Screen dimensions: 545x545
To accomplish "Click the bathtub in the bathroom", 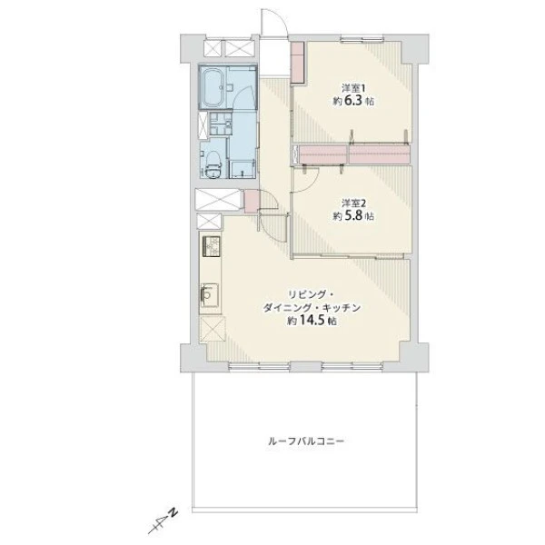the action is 213,87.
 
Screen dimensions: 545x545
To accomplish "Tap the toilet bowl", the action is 213,166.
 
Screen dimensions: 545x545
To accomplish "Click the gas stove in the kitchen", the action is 211,246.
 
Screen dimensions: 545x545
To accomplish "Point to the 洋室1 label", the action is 353,87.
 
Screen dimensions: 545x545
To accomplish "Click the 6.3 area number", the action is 354,101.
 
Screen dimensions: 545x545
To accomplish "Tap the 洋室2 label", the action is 353,203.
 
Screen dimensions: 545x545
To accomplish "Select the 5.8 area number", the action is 354,216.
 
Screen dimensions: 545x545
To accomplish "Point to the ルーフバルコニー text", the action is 306,441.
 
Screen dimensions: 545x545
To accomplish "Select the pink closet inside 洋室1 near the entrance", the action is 297,63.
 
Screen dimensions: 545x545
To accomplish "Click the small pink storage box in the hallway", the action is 251,202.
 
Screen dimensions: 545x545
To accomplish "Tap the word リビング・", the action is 311,295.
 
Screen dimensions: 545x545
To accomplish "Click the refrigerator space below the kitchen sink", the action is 213,329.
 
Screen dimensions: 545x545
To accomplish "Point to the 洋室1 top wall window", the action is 362,38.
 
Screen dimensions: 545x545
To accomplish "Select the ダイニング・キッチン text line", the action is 311,308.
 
